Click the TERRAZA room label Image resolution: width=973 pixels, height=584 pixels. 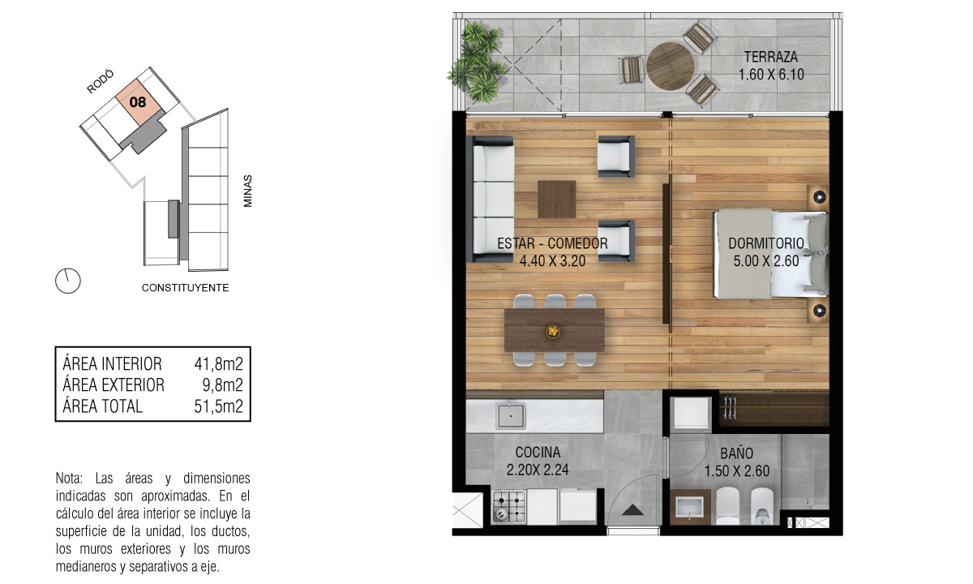coord(770,57)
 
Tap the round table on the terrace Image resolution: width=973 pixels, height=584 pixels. coord(670,66)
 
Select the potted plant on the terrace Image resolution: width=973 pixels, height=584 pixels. coord(477,62)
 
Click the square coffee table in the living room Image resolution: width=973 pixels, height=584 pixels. coord(557,199)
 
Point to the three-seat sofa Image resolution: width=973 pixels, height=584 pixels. coord(491,199)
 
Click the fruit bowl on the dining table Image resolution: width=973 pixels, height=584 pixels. coord(553,331)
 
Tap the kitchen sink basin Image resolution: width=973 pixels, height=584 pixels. coord(511,416)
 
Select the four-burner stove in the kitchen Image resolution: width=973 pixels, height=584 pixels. coord(509,506)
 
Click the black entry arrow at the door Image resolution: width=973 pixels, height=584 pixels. coord(632,510)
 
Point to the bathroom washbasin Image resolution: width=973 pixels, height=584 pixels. coord(690,508)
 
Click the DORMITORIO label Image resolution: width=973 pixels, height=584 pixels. coord(766,243)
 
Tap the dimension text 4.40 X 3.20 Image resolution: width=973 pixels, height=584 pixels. coord(552,260)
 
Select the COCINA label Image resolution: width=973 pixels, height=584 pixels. coord(538,453)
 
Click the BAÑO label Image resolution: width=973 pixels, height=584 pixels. coord(737,453)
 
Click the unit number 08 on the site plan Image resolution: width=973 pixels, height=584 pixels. coord(138,102)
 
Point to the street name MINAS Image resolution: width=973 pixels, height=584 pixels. coord(247,191)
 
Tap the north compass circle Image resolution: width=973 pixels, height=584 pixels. coord(68,281)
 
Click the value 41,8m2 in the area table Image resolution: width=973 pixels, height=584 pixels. coord(218,364)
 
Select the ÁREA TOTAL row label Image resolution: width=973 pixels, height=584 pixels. coord(102,406)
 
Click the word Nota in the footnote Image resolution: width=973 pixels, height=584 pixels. coord(69,479)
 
